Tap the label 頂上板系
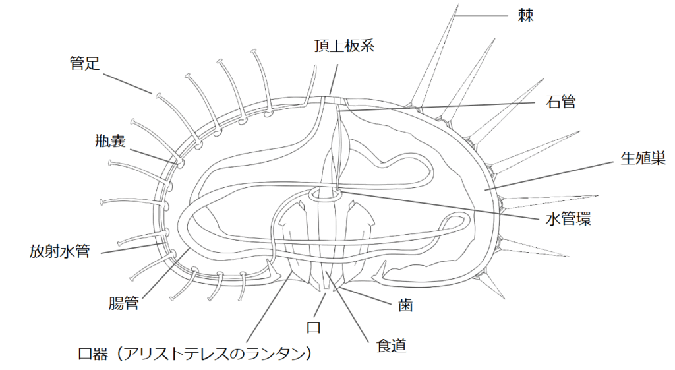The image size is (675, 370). (344, 47)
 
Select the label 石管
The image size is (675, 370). (561, 102)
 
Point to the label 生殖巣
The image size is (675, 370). (643, 158)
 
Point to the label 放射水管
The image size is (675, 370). (59, 251)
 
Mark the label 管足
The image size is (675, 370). (85, 63)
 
